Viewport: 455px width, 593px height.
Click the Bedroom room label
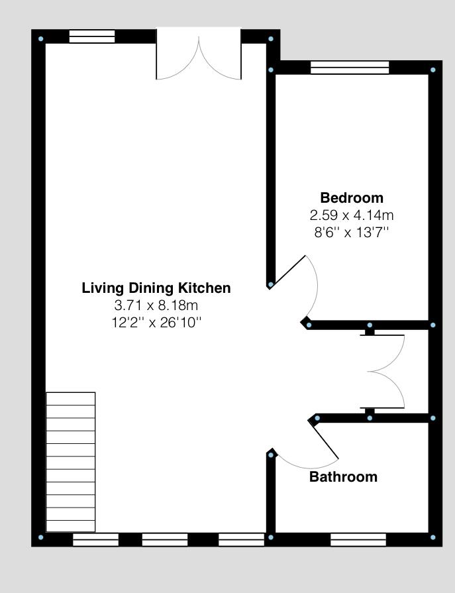[352, 197]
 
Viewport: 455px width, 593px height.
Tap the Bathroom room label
[343, 477]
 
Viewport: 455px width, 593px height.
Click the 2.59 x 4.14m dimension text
[352, 215]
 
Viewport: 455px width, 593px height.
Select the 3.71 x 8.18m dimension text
[156, 305]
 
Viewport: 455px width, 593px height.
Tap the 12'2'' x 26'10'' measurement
[156, 323]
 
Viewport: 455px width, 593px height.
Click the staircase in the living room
[70, 462]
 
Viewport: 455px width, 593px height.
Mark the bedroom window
[350, 68]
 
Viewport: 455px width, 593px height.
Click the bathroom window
[358, 540]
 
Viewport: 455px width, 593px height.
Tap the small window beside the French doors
[92, 36]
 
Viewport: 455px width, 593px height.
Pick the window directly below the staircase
[95, 540]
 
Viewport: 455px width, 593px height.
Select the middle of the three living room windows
[165, 540]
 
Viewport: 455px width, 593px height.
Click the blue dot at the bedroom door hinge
[270, 285]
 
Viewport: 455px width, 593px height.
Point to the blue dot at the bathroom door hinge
[270, 455]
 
